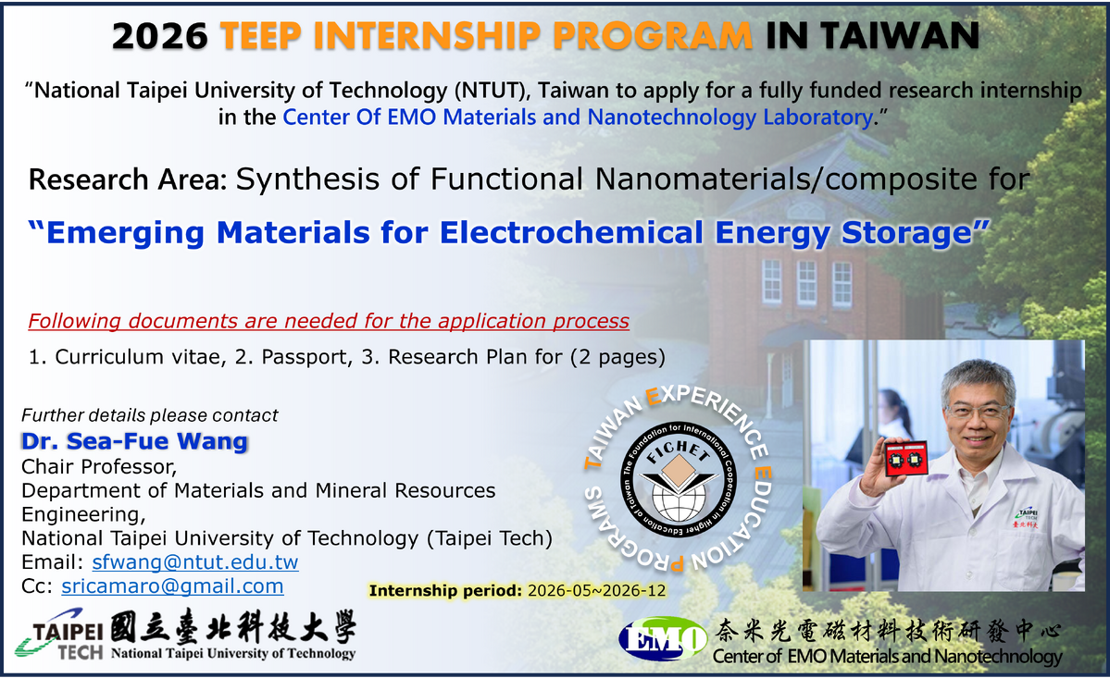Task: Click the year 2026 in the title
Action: (160, 36)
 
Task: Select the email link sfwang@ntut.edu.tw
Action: (195, 562)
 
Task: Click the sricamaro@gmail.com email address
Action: (173, 586)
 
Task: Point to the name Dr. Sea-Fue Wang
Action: (134, 441)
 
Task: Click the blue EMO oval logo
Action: (663, 638)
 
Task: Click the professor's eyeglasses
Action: (979, 411)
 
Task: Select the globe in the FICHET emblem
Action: (679, 499)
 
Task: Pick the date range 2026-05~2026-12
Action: (597, 590)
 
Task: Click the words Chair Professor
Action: (98, 466)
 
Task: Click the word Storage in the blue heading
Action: (914, 232)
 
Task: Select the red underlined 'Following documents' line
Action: (329, 321)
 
